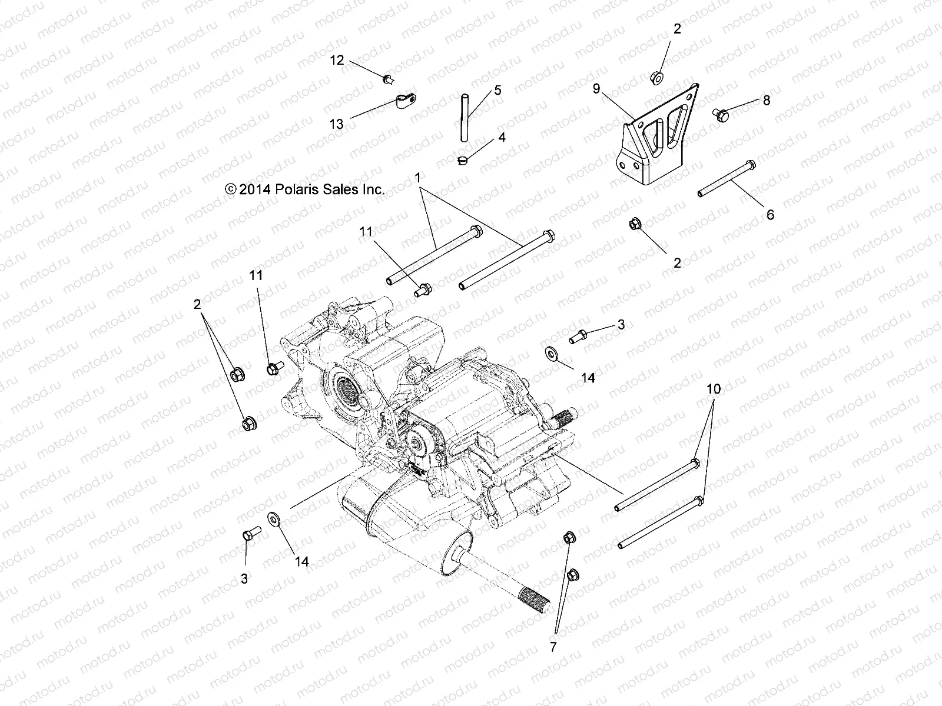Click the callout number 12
[336, 60]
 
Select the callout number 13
[336, 124]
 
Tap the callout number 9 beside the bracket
[596, 89]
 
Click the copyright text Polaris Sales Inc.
[305, 189]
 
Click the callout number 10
[714, 389]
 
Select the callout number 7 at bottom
[553, 647]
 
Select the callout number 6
[770, 214]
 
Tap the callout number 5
[497, 90]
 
